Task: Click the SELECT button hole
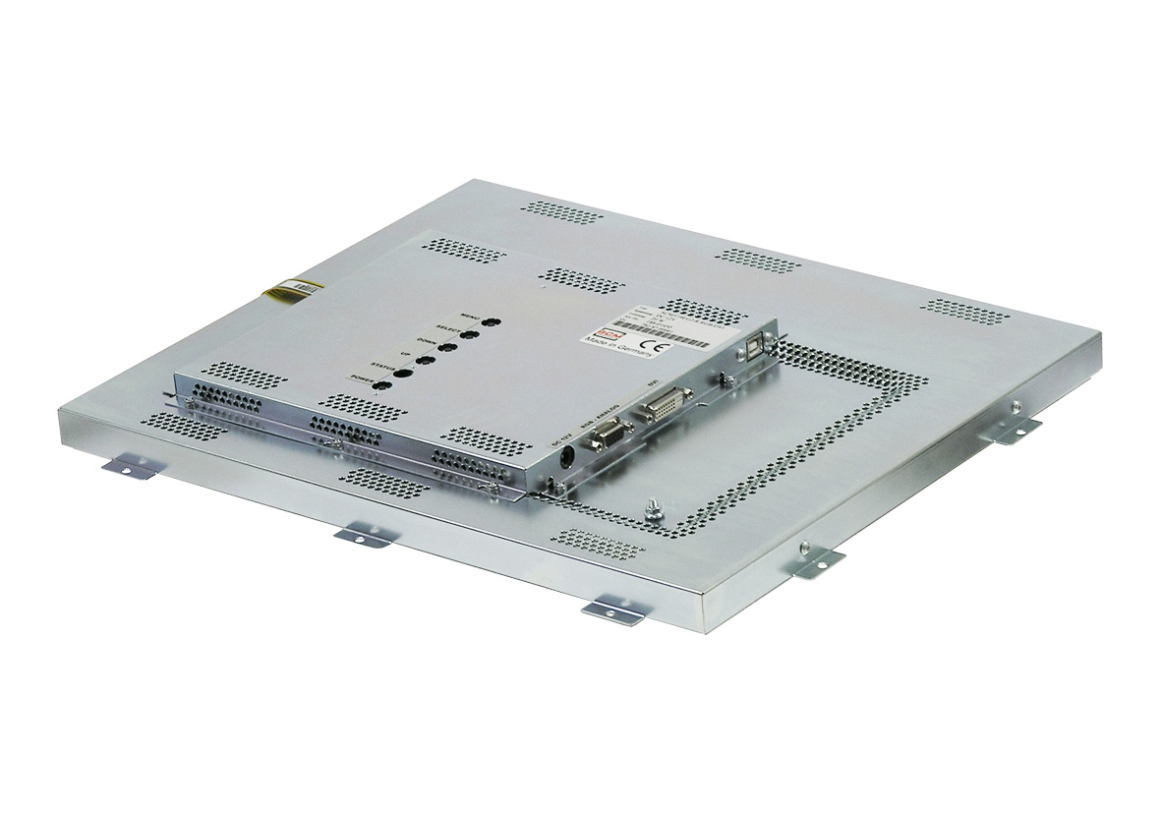pos(471,334)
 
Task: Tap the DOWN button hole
pos(449,347)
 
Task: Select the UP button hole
pos(426,360)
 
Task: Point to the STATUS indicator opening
pos(403,373)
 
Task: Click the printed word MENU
pos(471,315)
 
